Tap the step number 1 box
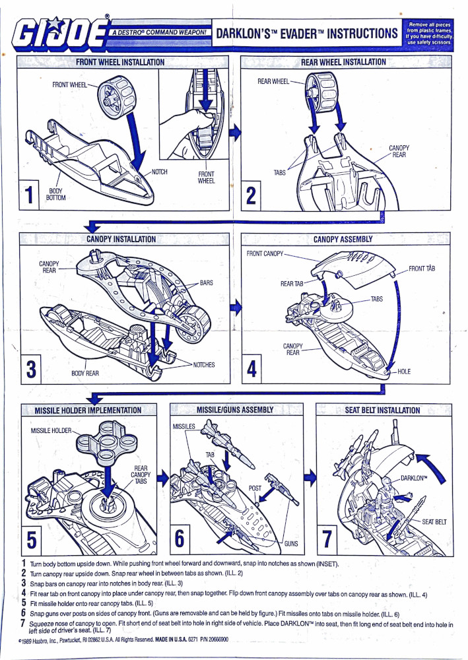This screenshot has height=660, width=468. (x=28, y=195)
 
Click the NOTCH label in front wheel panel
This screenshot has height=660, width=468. (x=160, y=172)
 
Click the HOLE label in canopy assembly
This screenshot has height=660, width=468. (x=404, y=372)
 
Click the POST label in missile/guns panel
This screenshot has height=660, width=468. (x=255, y=489)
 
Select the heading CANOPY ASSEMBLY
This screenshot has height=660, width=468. (x=343, y=239)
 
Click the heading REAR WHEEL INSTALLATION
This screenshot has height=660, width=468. (x=343, y=62)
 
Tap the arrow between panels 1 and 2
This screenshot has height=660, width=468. (x=236, y=131)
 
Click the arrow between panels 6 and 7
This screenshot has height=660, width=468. (x=310, y=480)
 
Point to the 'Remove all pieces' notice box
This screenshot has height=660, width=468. (x=429, y=33)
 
